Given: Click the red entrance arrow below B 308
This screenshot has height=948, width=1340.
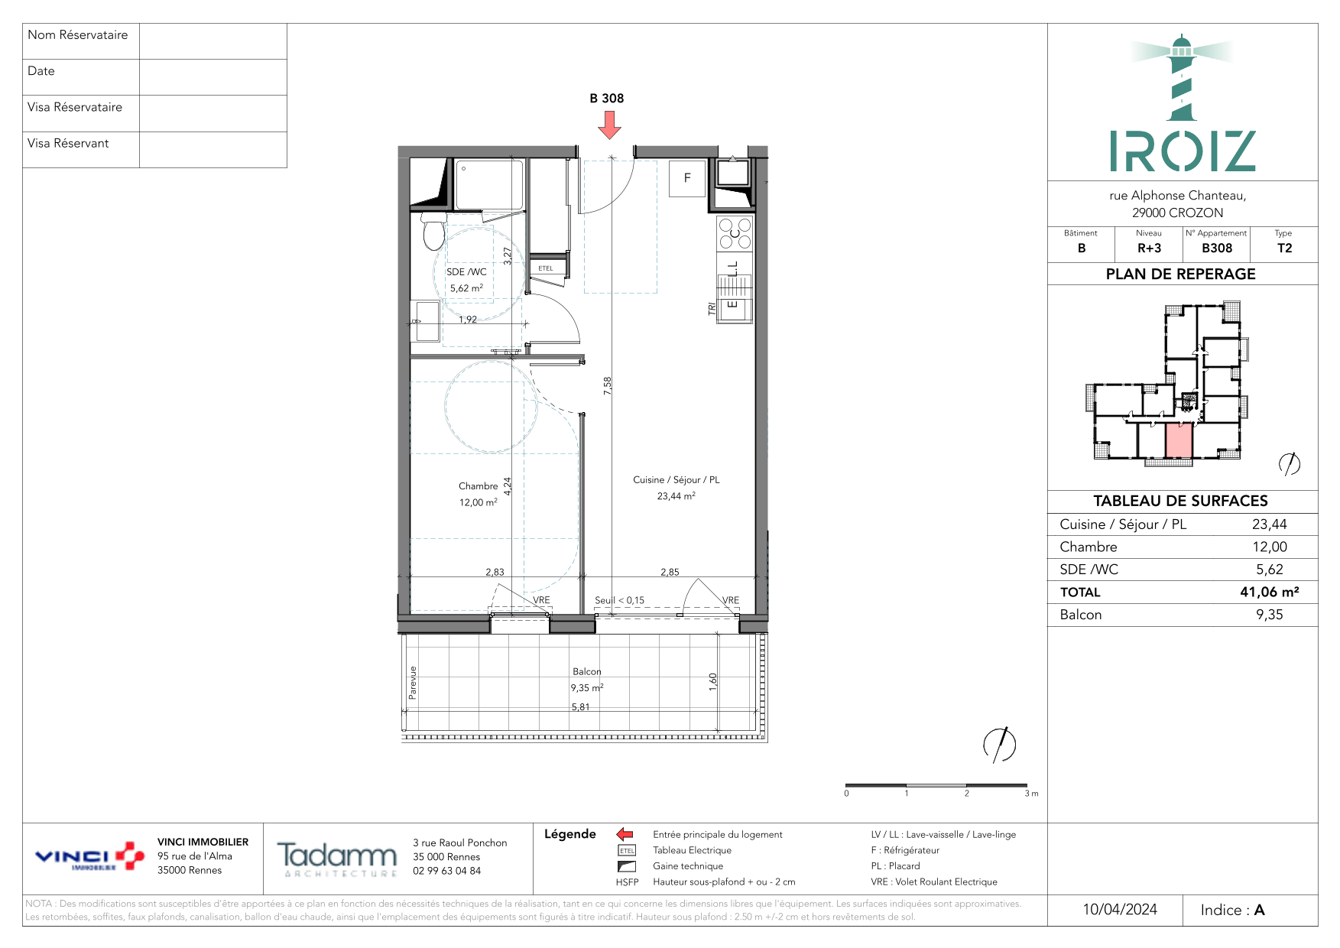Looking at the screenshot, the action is point(609,125).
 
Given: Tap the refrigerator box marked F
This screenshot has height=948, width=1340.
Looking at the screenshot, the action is point(687,179).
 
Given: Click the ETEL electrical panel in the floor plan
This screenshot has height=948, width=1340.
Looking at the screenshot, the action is point(546,268).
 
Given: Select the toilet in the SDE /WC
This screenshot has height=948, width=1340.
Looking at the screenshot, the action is point(434,232).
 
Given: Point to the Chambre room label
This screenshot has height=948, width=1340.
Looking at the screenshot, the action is point(479,486).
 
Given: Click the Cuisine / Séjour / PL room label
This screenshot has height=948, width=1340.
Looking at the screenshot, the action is point(676,480).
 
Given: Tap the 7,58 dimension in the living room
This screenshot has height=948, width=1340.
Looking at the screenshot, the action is point(608,385).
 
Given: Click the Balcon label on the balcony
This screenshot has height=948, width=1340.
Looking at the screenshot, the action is point(587,671).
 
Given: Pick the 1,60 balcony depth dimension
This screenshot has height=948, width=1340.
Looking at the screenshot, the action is point(713,682).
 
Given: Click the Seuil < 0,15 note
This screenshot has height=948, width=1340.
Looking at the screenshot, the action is point(620,600).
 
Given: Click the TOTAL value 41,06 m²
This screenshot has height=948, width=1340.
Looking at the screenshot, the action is point(1270,592).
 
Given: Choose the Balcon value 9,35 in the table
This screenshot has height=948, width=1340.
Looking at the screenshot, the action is point(1270,615).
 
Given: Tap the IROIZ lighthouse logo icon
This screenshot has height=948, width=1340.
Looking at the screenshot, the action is point(1182,77).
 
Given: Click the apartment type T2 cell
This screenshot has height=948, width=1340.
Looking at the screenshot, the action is point(1284,248).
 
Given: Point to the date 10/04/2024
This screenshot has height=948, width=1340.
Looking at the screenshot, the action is point(1120,910).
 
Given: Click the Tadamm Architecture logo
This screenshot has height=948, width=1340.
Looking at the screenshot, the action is point(337,859).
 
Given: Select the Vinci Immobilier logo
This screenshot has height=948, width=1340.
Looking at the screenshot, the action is point(89,857).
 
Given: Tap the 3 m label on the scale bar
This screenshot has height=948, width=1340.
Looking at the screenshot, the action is point(1031,794).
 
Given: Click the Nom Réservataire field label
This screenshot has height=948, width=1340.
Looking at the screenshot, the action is point(78,35).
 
